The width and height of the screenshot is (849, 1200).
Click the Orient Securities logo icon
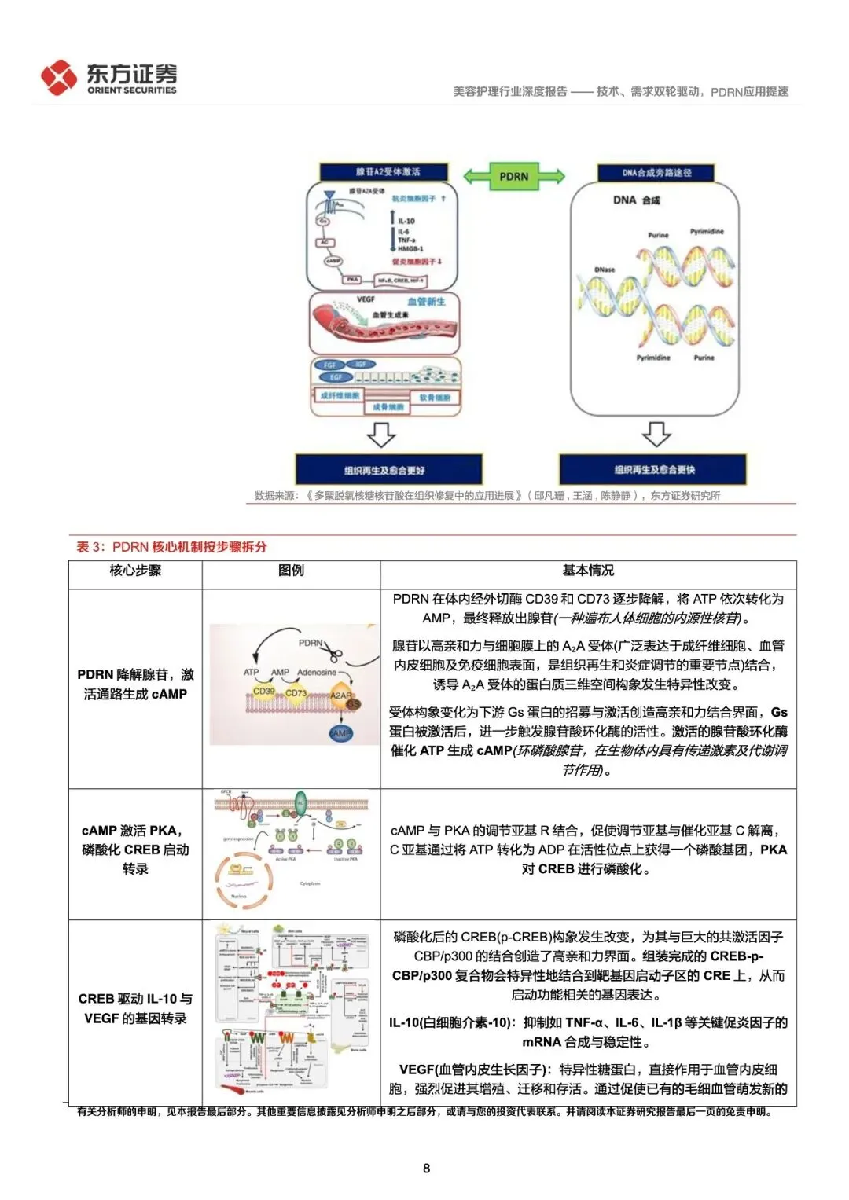click(x=58, y=77)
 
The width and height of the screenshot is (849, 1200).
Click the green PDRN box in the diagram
click(x=514, y=176)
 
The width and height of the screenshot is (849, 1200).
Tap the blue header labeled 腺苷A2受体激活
click(x=384, y=171)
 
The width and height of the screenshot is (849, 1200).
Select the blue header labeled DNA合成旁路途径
click(x=656, y=173)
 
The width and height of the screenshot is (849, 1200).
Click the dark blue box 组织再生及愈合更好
click(x=388, y=470)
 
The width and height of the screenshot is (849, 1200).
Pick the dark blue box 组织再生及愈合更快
click(x=654, y=469)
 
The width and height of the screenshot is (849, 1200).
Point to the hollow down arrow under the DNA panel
click(x=656, y=433)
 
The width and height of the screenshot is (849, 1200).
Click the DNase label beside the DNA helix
click(x=605, y=270)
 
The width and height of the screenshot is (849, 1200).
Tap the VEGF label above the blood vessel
click(x=366, y=299)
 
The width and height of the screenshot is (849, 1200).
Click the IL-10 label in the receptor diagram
click(x=406, y=221)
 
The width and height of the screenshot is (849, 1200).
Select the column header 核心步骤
click(x=135, y=571)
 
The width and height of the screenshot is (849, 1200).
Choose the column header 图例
click(x=291, y=571)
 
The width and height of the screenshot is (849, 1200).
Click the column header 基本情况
click(x=588, y=571)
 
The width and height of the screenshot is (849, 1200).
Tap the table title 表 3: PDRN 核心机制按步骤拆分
click(x=171, y=547)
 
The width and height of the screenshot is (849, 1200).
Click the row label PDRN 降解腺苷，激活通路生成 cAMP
click(x=135, y=684)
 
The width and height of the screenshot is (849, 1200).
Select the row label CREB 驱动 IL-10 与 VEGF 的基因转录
click(x=135, y=1008)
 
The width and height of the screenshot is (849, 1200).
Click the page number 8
click(x=426, y=1168)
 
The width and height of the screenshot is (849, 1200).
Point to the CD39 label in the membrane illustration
click(x=264, y=691)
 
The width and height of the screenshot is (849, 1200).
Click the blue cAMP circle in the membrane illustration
click(x=341, y=732)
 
